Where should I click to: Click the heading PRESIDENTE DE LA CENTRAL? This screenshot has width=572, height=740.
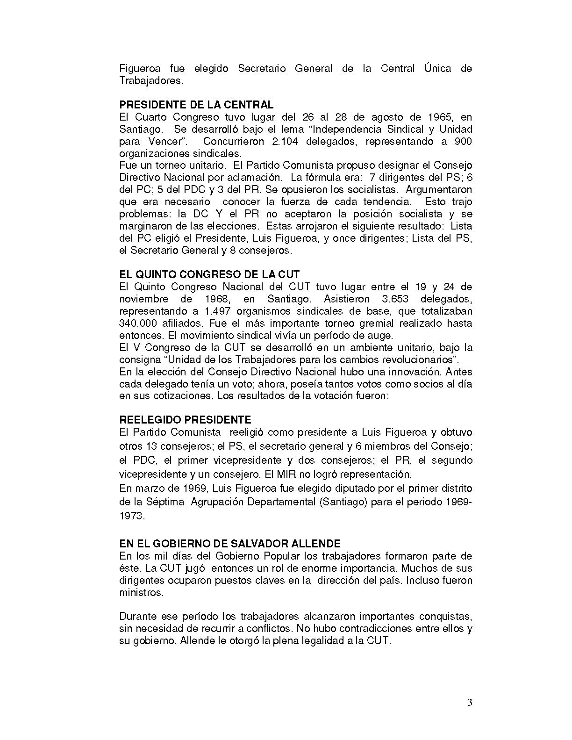(x=196, y=105)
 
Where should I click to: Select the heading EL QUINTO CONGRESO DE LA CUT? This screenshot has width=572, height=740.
(x=209, y=274)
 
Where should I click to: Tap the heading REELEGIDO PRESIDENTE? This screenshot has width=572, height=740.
(x=185, y=420)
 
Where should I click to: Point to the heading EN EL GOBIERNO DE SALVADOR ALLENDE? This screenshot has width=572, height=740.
(x=229, y=544)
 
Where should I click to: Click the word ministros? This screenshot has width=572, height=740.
(x=141, y=593)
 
